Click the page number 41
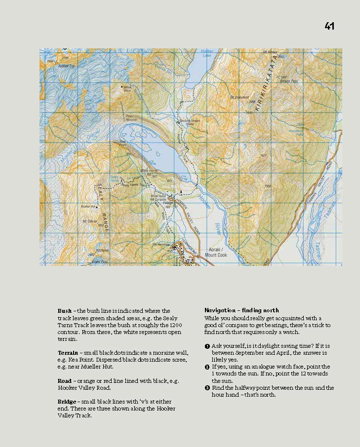click(329, 26)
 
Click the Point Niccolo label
click(131, 118)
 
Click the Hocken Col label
click(66, 66)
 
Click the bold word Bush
click(64, 311)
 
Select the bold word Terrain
click(67, 353)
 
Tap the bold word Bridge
click(67, 402)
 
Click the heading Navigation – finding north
click(241, 310)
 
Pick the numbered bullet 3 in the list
click(208, 388)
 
